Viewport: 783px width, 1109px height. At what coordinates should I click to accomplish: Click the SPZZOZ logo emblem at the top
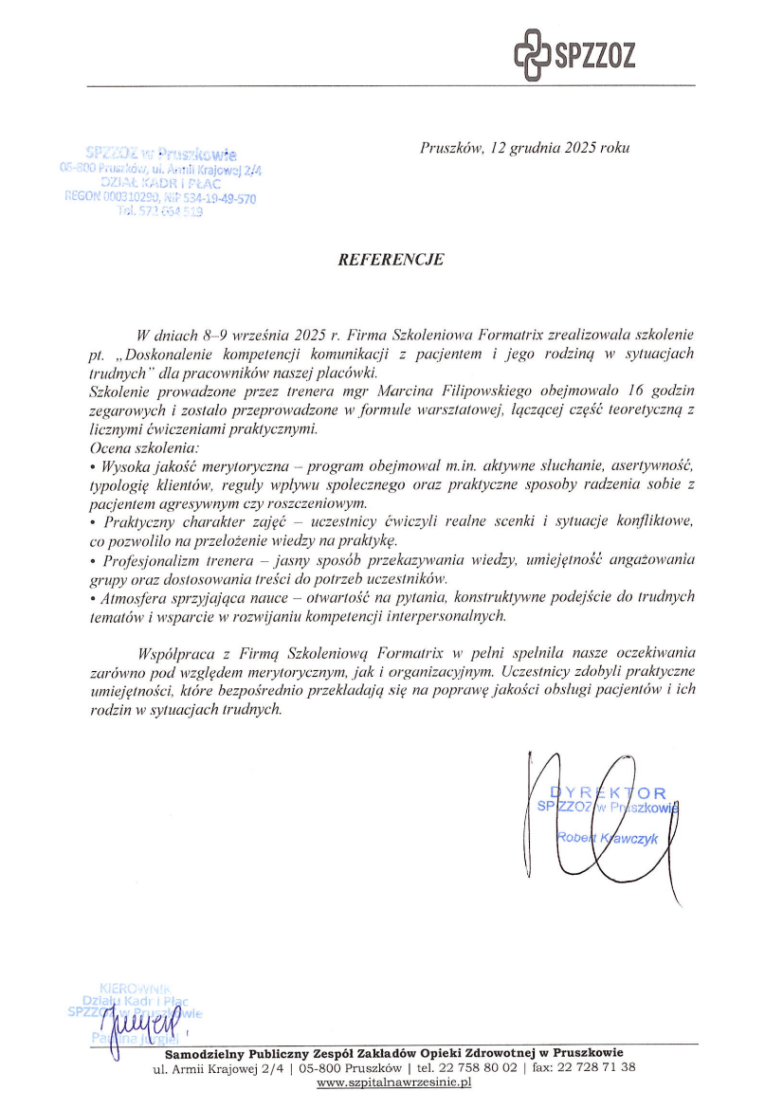pyautogui.click(x=531, y=53)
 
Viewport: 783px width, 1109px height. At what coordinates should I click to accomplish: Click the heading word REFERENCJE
pyautogui.click(x=391, y=258)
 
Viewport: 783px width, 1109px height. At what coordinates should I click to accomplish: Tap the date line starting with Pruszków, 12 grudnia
pyautogui.click(x=524, y=149)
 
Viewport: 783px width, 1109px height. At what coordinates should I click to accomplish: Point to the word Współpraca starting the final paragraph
pyautogui.click(x=180, y=653)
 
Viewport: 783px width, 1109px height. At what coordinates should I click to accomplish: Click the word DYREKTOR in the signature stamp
pyautogui.click(x=609, y=792)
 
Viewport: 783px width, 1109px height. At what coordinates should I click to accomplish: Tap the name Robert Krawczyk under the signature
pyautogui.click(x=608, y=838)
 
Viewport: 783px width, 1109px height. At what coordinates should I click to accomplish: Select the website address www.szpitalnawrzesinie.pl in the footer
pyautogui.click(x=393, y=1082)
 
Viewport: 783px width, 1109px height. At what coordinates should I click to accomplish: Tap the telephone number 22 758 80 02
pyautogui.click(x=474, y=1067)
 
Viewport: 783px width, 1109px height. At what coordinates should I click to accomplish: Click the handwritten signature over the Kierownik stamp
pyautogui.click(x=142, y=1024)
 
